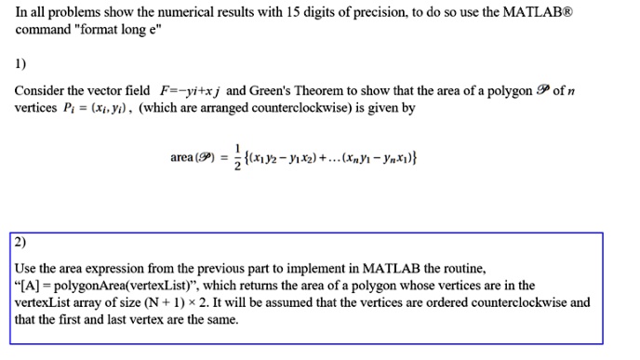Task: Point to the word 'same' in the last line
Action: [x=220, y=320]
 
